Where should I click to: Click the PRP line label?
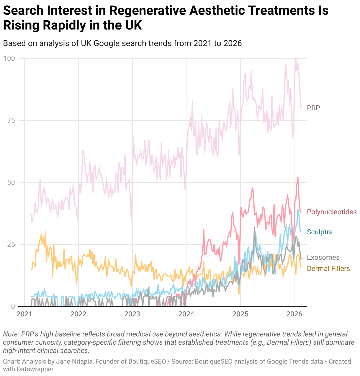point(313,108)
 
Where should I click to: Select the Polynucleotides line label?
point(332,212)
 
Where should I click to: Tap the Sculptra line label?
point(320,232)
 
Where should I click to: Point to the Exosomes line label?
point(323,257)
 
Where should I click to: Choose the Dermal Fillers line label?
point(328,269)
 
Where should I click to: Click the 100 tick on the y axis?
point(9,58)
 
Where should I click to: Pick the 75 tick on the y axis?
point(11,120)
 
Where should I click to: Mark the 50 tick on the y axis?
point(11,182)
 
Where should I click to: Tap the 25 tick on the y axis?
point(11,244)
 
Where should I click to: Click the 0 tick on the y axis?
point(13,306)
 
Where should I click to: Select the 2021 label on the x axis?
point(24,314)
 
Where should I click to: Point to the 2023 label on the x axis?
point(132,314)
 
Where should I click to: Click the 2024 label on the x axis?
point(186,314)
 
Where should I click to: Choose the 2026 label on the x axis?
point(294,314)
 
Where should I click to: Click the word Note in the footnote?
point(11,334)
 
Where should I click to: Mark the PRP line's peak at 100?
point(296,58)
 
